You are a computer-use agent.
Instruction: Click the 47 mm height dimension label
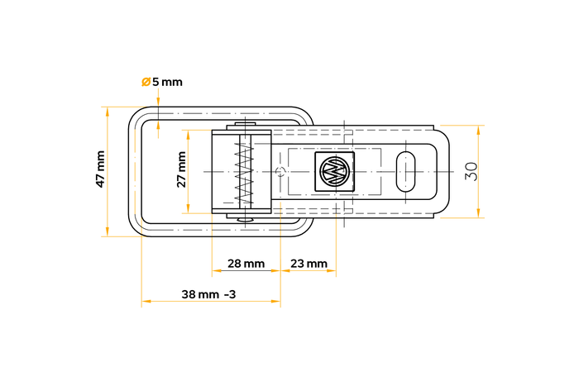click(100, 169)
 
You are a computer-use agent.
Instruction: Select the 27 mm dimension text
click(181, 169)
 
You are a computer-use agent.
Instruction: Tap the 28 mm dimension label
click(246, 264)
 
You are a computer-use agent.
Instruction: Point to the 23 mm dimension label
click(309, 264)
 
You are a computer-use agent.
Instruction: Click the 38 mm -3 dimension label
click(208, 294)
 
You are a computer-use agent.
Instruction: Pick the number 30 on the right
click(471, 172)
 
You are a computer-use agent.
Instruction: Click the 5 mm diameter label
click(167, 82)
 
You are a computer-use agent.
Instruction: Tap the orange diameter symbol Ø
click(146, 82)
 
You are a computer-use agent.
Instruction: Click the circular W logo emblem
click(335, 171)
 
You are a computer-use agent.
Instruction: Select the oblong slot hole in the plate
click(405, 171)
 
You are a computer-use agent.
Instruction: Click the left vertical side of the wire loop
click(134, 171)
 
